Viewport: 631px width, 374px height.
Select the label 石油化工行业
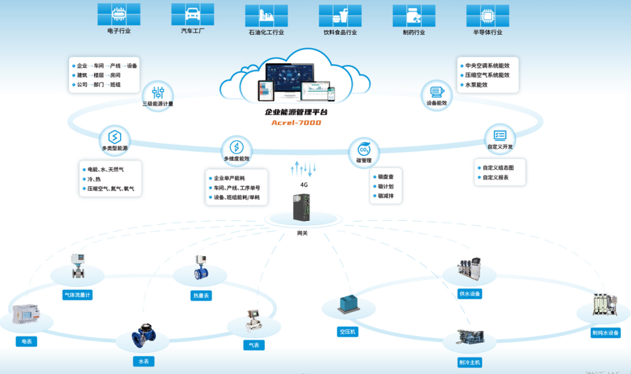pyautogui.click(x=266, y=32)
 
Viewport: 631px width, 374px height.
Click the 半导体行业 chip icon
pyautogui.click(x=487, y=15)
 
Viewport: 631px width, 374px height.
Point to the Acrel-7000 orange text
pyautogui.click(x=296, y=122)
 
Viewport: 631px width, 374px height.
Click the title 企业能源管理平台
pyautogui.click(x=296, y=112)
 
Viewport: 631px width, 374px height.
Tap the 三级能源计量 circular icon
pyautogui.click(x=158, y=92)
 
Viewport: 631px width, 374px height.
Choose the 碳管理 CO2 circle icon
pyautogui.click(x=364, y=149)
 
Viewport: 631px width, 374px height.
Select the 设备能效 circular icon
pyautogui.click(x=436, y=92)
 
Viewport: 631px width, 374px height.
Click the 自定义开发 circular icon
pyautogui.click(x=500, y=135)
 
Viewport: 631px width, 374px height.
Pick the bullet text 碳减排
pyautogui.click(x=386, y=196)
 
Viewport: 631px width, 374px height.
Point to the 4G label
pyautogui.click(x=304, y=185)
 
